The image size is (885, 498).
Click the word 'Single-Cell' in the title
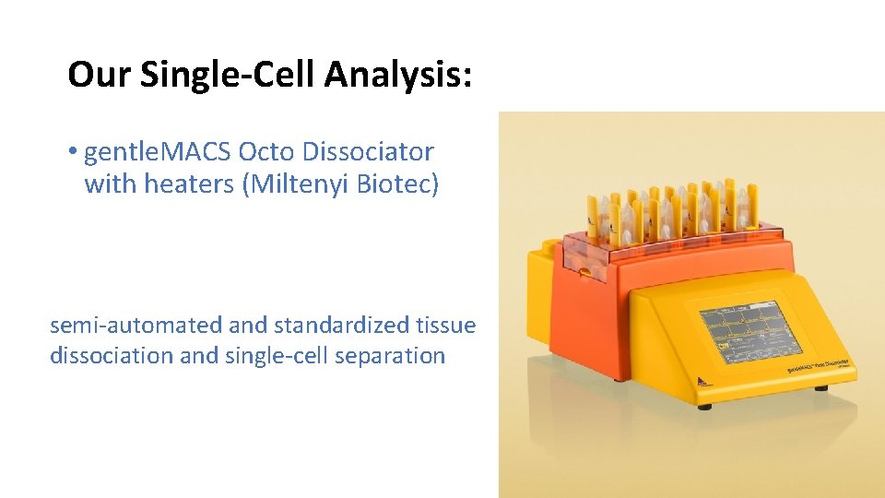(227, 75)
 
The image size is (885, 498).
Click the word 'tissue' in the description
(446, 326)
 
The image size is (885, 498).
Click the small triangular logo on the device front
(699, 377)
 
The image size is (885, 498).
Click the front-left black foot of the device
(705, 405)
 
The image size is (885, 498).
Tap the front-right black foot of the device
(821, 388)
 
